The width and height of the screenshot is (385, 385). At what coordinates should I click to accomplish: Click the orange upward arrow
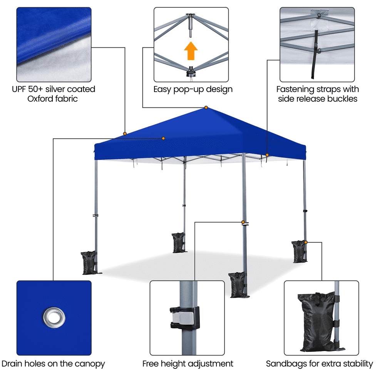tap(191, 51)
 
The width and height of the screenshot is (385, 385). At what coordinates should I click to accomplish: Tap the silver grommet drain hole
tap(54, 317)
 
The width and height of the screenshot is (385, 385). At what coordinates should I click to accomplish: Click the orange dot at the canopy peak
tap(206, 107)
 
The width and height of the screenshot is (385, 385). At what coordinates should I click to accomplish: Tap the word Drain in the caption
tap(12, 364)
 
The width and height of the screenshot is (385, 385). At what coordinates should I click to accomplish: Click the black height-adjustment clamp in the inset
tap(185, 318)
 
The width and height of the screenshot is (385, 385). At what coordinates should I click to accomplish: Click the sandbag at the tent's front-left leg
tap(89, 263)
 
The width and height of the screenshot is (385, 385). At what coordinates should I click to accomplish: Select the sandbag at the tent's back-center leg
tap(178, 243)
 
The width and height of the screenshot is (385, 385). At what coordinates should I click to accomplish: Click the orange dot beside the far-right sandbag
tap(306, 242)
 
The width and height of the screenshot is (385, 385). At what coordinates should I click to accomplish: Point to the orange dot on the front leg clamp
tap(243, 222)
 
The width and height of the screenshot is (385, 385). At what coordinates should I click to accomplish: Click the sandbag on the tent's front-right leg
tap(237, 285)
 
